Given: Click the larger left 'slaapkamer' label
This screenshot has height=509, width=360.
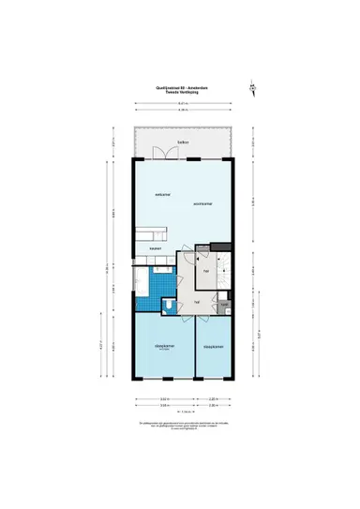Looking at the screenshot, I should [165, 345].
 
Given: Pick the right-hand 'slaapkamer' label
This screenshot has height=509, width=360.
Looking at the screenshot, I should [213, 345].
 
